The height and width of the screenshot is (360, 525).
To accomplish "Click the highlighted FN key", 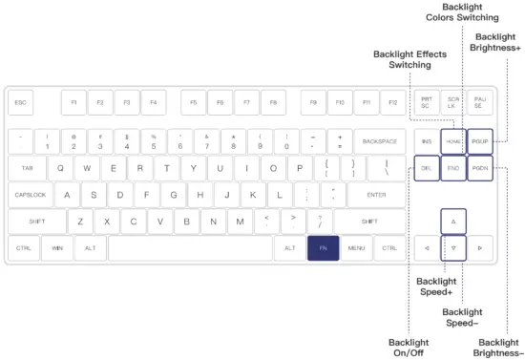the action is (323, 248).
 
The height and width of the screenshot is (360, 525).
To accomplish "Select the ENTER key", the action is (367, 195).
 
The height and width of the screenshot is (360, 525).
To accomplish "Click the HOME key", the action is (454, 141).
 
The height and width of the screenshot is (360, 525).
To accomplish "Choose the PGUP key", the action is (480, 141).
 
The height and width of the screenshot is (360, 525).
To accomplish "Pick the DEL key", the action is (428, 168).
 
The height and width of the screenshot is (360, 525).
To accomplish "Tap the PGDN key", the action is (480, 168).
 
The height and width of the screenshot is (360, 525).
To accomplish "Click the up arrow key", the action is (454, 222).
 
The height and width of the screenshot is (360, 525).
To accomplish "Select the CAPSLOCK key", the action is (31, 195).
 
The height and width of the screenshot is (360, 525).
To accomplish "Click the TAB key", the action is (27, 168).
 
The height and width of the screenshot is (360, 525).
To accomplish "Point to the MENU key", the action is (357, 248).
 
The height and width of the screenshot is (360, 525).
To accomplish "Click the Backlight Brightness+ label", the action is (496, 44).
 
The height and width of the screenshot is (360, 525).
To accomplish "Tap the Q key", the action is (62, 168).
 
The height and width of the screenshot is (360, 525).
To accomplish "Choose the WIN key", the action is (57, 248).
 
